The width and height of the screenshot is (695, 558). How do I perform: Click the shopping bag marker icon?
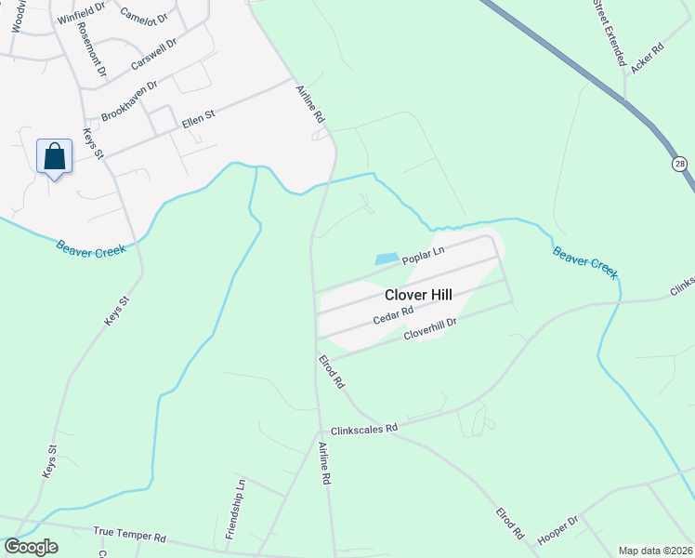(54, 155)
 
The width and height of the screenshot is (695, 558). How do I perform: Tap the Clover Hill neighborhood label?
(419, 294)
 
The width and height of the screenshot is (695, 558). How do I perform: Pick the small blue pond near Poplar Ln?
(387, 259)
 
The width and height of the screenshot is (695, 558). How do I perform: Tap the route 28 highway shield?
(680, 164)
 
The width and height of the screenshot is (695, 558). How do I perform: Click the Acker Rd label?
(647, 59)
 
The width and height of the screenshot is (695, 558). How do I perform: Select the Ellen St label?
(198, 119)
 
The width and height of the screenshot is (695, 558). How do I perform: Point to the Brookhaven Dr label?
(129, 100)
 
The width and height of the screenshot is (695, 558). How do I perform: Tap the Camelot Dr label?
(144, 15)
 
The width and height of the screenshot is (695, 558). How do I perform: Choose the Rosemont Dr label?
(92, 48)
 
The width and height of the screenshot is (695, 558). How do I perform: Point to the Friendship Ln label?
(233, 510)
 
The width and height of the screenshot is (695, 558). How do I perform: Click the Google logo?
(31, 547)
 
